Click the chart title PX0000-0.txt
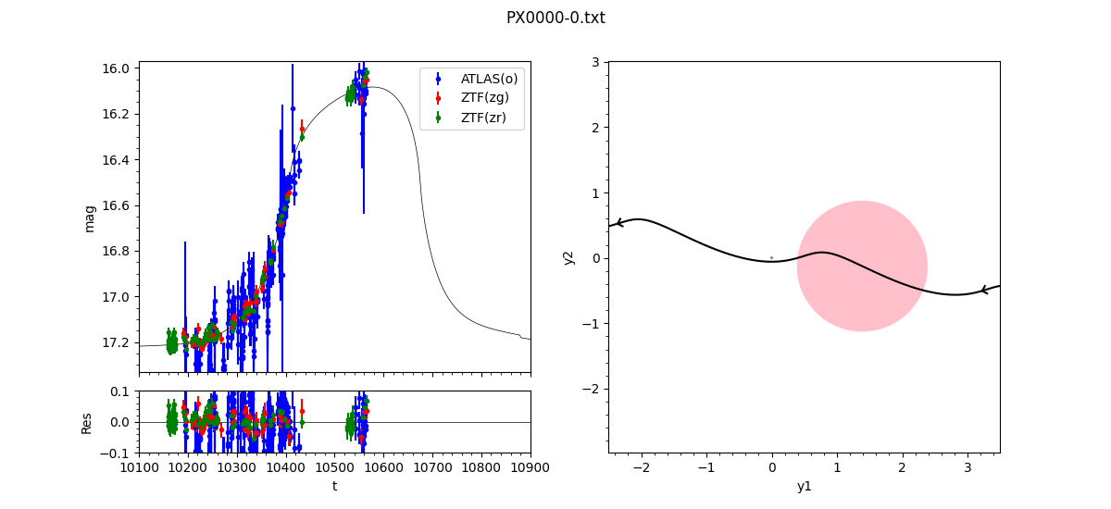[555, 18]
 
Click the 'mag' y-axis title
[90, 217]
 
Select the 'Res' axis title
[87, 422]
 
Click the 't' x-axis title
[334, 486]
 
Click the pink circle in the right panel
[862, 266]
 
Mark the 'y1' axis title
[804, 486]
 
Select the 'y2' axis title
[569, 257]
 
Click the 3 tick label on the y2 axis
[596, 62]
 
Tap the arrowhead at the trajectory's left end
[618, 223]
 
